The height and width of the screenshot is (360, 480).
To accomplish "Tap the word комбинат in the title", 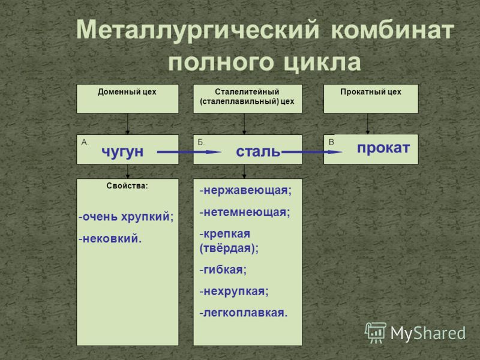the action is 392,30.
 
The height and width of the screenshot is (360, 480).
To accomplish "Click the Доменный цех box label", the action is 127,92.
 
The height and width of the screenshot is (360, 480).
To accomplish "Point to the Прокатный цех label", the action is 371,92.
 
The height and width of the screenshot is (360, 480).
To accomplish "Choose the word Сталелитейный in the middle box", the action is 247,92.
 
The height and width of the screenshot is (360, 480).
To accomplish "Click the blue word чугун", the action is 122,152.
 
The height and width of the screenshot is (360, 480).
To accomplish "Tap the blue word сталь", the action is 258,152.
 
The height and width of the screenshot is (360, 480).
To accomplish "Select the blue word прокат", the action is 383,148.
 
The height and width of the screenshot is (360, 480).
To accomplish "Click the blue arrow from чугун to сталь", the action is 189,152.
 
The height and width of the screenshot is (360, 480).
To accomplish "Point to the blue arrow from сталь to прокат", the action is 311,152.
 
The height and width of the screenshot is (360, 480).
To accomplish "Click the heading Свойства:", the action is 127,186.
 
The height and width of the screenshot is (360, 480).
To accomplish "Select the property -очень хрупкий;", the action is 126,217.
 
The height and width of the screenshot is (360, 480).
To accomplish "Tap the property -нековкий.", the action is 110,239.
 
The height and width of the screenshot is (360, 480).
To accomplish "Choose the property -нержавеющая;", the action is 245,191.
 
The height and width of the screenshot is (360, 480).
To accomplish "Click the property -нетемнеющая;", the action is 245,212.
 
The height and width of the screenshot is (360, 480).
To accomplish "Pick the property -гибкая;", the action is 223,269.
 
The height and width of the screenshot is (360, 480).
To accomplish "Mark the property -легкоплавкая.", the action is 244,313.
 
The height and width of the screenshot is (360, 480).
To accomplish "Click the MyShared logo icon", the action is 376,333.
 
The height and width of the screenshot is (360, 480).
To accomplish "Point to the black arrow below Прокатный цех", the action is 368,124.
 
